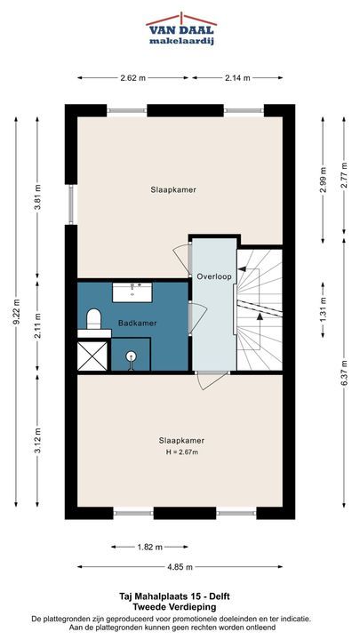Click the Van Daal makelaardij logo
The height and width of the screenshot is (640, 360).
coord(181,29)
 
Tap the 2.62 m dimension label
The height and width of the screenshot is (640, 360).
coord(133,78)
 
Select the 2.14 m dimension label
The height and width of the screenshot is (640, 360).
coord(237,78)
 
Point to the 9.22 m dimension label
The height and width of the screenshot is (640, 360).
coord(16,312)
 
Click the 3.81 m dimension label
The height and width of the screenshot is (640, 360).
coord(37,197)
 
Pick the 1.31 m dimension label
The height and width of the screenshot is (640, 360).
coord(324,309)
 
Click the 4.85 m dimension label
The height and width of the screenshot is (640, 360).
coord(180,567)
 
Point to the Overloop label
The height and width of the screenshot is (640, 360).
coord(214,276)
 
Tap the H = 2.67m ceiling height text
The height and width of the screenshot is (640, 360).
coord(181,452)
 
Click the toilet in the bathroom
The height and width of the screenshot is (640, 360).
coord(94,319)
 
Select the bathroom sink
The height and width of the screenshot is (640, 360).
coord(132,292)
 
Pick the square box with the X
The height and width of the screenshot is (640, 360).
coord(92,356)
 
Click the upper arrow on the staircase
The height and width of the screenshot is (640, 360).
coord(244,269)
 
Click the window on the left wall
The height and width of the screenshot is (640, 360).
coord(71,204)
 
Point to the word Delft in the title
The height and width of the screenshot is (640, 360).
coord(220,596)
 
